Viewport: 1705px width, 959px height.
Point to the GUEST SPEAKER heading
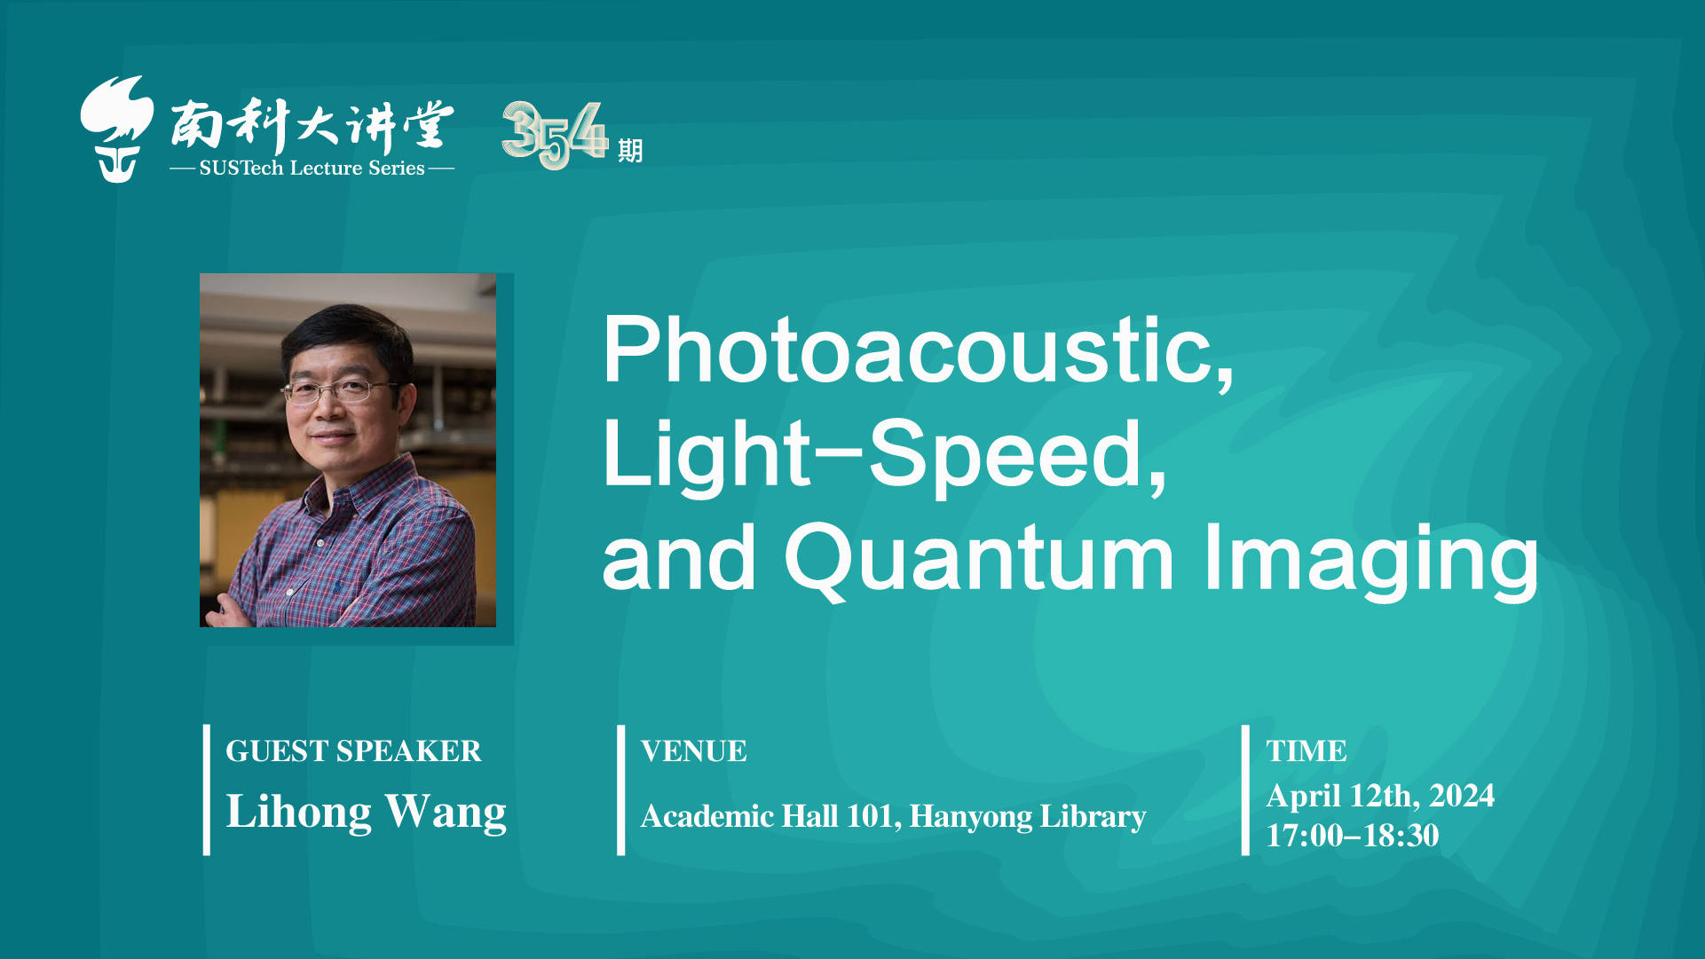[x=353, y=751]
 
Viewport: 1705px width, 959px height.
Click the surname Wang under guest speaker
[x=446, y=814]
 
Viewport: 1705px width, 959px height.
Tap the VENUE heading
[x=693, y=751]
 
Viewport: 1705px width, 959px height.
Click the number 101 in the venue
[x=873, y=816]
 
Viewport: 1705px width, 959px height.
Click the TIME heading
[x=1306, y=751]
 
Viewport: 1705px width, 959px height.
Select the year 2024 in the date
[x=1462, y=796]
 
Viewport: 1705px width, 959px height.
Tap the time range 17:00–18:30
[x=1353, y=836]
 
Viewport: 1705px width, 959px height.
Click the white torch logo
[x=116, y=129]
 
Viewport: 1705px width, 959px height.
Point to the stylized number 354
[x=555, y=135]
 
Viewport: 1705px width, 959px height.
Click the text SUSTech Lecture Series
[x=312, y=169]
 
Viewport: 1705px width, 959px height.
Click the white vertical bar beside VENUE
[x=621, y=790]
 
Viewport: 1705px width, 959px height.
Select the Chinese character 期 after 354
[x=630, y=151]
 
